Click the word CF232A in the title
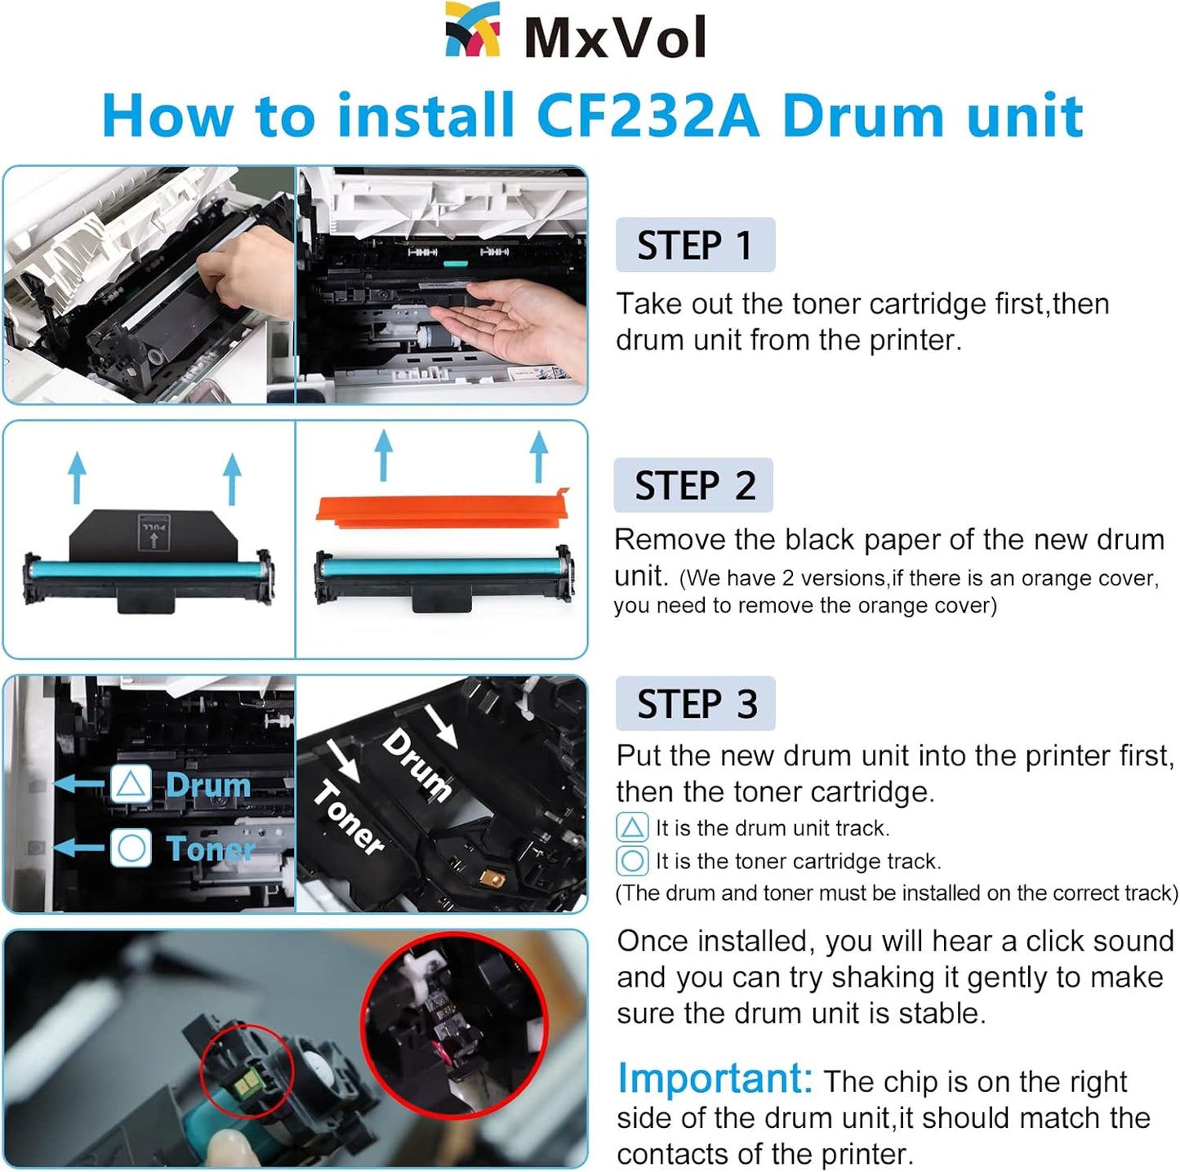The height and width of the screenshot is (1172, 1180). [x=648, y=116]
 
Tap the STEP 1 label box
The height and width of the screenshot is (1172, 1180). [x=695, y=245]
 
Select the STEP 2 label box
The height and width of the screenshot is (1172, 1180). [x=693, y=485]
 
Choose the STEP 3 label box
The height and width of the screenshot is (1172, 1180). [x=695, y=704]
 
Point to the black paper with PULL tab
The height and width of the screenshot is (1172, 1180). [x=153, y=536]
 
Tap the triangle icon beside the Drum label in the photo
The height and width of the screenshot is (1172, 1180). [x=131, y=785]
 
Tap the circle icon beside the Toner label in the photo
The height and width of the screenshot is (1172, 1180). [x=131, y=848]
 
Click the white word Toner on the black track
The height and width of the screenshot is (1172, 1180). [x=350, y=818]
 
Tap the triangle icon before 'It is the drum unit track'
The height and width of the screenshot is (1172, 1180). [x=631, y=828]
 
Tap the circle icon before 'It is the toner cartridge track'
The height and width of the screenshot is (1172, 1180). [x=631, y=861]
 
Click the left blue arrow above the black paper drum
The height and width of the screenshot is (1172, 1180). [x=77, y=478]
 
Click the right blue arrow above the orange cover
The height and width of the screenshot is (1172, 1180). [x=538, y=457]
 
